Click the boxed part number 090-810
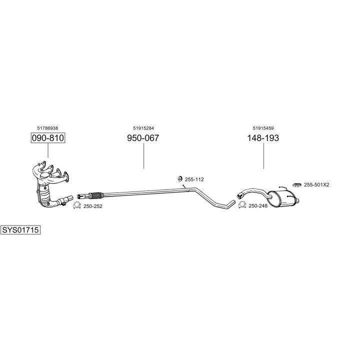(x=48, y=138)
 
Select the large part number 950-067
(x=143, y=138)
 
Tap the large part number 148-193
(x=263, y=138)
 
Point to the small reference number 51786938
(x=47, y=128)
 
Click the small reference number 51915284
(x=143, y=128)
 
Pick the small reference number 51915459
(x=263, y=128)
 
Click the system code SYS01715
(x=20, y=230)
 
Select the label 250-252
(x=93, y=206)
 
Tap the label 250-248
(x=258, y=205)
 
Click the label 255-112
(x=194, y=179)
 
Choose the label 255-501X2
(x=316, y=184)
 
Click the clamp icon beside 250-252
(x=77, y=205)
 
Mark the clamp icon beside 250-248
(x=242, y=205)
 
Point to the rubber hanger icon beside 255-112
(x=180, y=179)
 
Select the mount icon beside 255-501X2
(x=297, y=184)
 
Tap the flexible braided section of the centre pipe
(x=95, y=195)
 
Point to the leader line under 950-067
(x=143, y=156)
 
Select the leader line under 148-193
(x=263, y=156)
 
